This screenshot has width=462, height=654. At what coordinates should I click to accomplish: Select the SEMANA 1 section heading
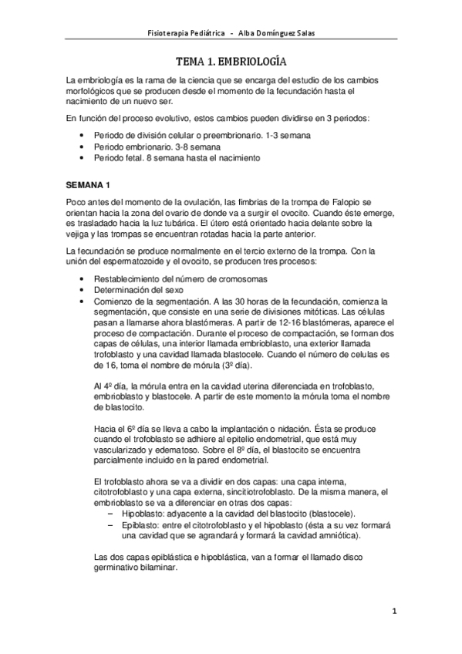pyautogui.click(x=89, y=185)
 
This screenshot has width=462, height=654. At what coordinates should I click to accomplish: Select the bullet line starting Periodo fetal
pyautogui.click(x=177, y=157)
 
